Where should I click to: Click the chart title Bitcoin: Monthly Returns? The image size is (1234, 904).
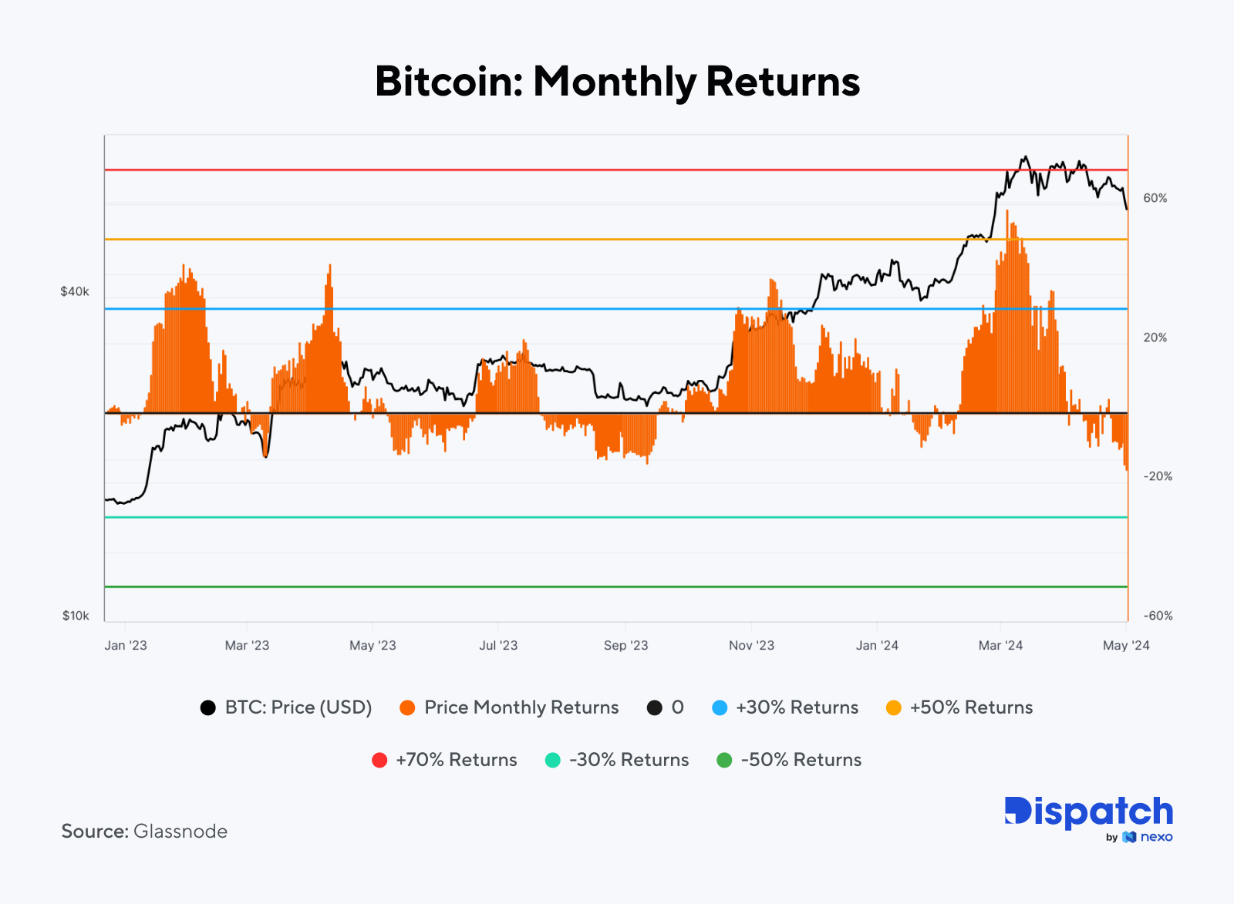[617, 82]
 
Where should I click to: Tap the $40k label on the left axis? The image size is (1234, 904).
[75, 291]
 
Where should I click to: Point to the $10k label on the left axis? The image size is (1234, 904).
[76, 615]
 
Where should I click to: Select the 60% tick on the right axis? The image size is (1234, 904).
[1155, 198]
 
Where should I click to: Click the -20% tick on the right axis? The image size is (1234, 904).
[1157, 476]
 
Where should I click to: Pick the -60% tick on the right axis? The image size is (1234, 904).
[1157, 615]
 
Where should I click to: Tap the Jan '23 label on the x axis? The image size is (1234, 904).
[126, 645]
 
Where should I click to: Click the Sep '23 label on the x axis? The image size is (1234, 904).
[625, 645]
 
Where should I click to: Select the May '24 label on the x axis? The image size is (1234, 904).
[1126, 645]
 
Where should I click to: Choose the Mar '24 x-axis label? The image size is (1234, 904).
[1000, 645]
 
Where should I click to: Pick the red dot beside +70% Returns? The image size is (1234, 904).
[379, 760]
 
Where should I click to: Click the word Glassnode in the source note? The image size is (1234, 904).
[180, 831]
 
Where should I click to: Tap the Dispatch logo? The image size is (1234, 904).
[1088, 812]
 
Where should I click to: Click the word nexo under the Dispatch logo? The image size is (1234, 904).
[1156, 837]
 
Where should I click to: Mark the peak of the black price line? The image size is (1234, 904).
[1024, 157]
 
